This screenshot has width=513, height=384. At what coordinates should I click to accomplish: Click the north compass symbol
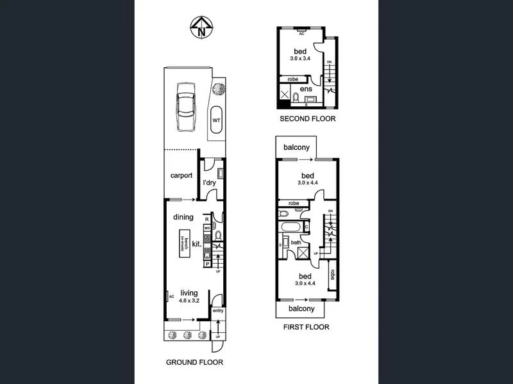(202, 29)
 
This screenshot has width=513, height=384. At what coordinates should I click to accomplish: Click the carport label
(181, 176)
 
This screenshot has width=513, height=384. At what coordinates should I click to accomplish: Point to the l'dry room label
(209, 184)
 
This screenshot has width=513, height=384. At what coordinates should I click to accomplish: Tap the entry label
(218, 312)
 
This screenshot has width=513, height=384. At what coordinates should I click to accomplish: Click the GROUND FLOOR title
(194, 362)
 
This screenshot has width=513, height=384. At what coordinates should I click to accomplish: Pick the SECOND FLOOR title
(307, 119)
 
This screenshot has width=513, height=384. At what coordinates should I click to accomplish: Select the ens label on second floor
(307, 89)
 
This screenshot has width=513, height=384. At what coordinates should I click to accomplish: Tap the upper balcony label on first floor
(297, 147)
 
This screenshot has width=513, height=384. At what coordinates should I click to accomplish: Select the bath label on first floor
(296, 243)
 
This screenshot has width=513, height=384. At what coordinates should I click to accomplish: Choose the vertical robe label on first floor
(332, 275)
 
